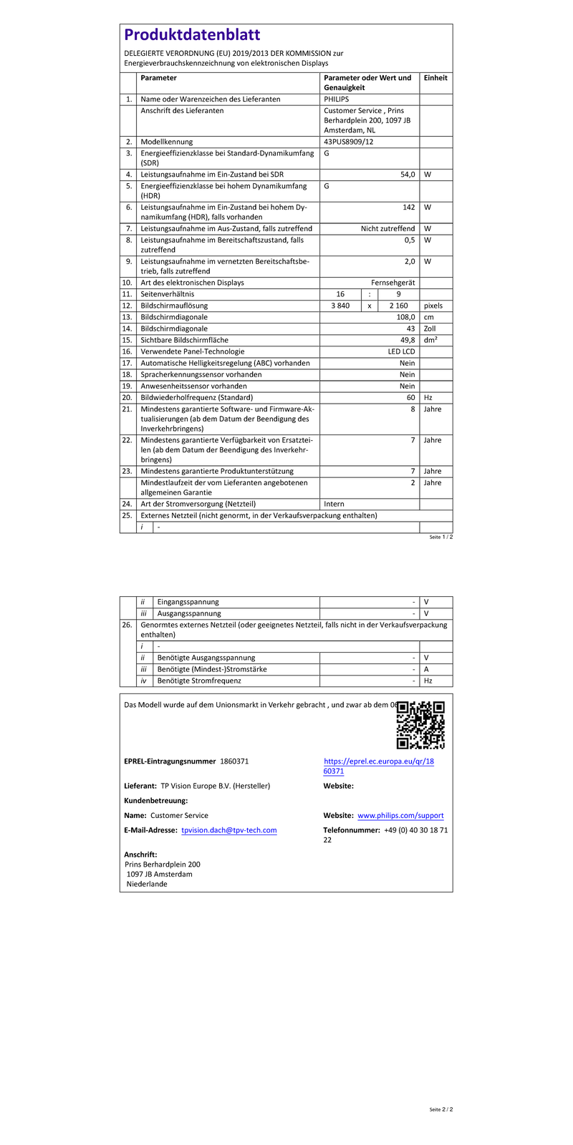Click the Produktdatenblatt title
[192, 35]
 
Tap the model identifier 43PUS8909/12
[349, 142]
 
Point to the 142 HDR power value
[408, 207]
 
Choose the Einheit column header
[435, 78]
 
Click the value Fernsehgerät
[393, 283]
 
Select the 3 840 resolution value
[340, 306]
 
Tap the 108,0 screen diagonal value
[405, 317]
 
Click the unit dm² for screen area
[430, 340]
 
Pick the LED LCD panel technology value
[401, 351]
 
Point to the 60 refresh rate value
[410, 397]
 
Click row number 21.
[127, 409]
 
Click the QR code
[420, 725]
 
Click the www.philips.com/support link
[400, 815]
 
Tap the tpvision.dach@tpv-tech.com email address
[228, 830]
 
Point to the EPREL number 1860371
[234, 761]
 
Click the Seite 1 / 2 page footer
[441, 537]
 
